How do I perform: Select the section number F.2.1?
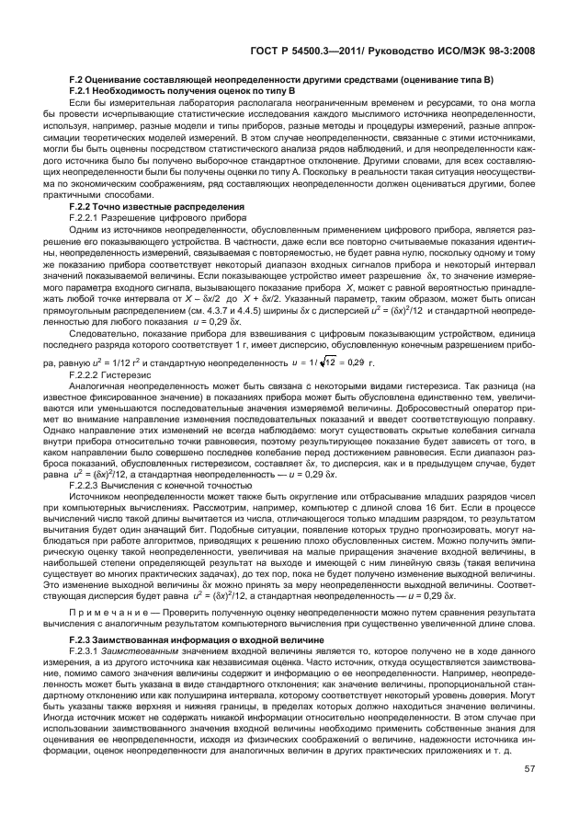click(85, 93)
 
